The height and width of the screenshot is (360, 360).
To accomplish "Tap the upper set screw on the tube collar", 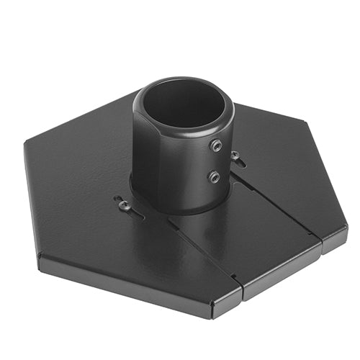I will pos(215,145).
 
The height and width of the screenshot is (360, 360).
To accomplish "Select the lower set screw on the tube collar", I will pos(214,176).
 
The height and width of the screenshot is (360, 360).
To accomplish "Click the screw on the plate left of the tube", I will pos(125,205).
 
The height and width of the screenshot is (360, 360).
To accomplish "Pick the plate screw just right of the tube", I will pos(235,156).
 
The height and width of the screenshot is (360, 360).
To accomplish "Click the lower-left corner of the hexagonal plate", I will pos(40,256).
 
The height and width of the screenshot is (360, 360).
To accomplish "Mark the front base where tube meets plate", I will pos(180,209).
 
